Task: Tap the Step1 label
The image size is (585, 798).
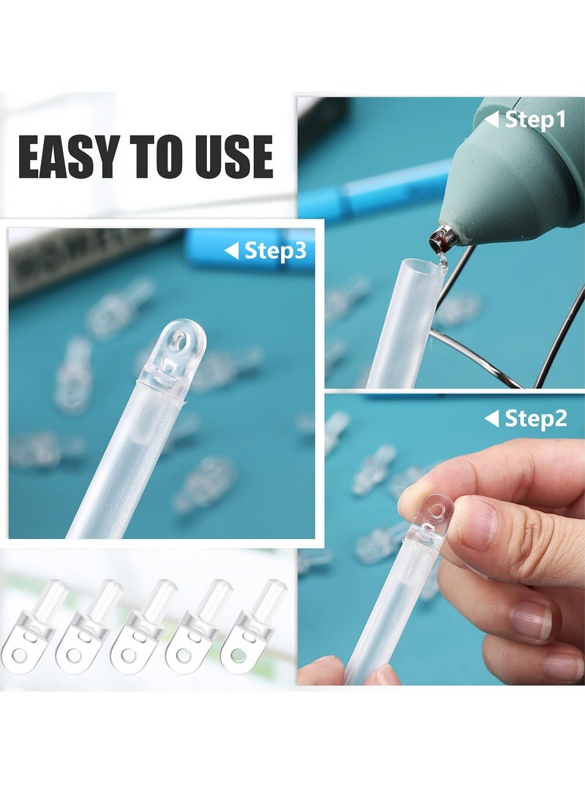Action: (536, 120)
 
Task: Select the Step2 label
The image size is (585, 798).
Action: (536, 418)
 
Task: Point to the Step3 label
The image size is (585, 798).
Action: (275, 251)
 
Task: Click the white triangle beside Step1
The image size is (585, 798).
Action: (492, 120)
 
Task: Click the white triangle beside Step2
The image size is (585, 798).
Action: (492, 418)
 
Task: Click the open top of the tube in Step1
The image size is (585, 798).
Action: (423, 264)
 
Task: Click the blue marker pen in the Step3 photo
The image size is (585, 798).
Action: (249, 249)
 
